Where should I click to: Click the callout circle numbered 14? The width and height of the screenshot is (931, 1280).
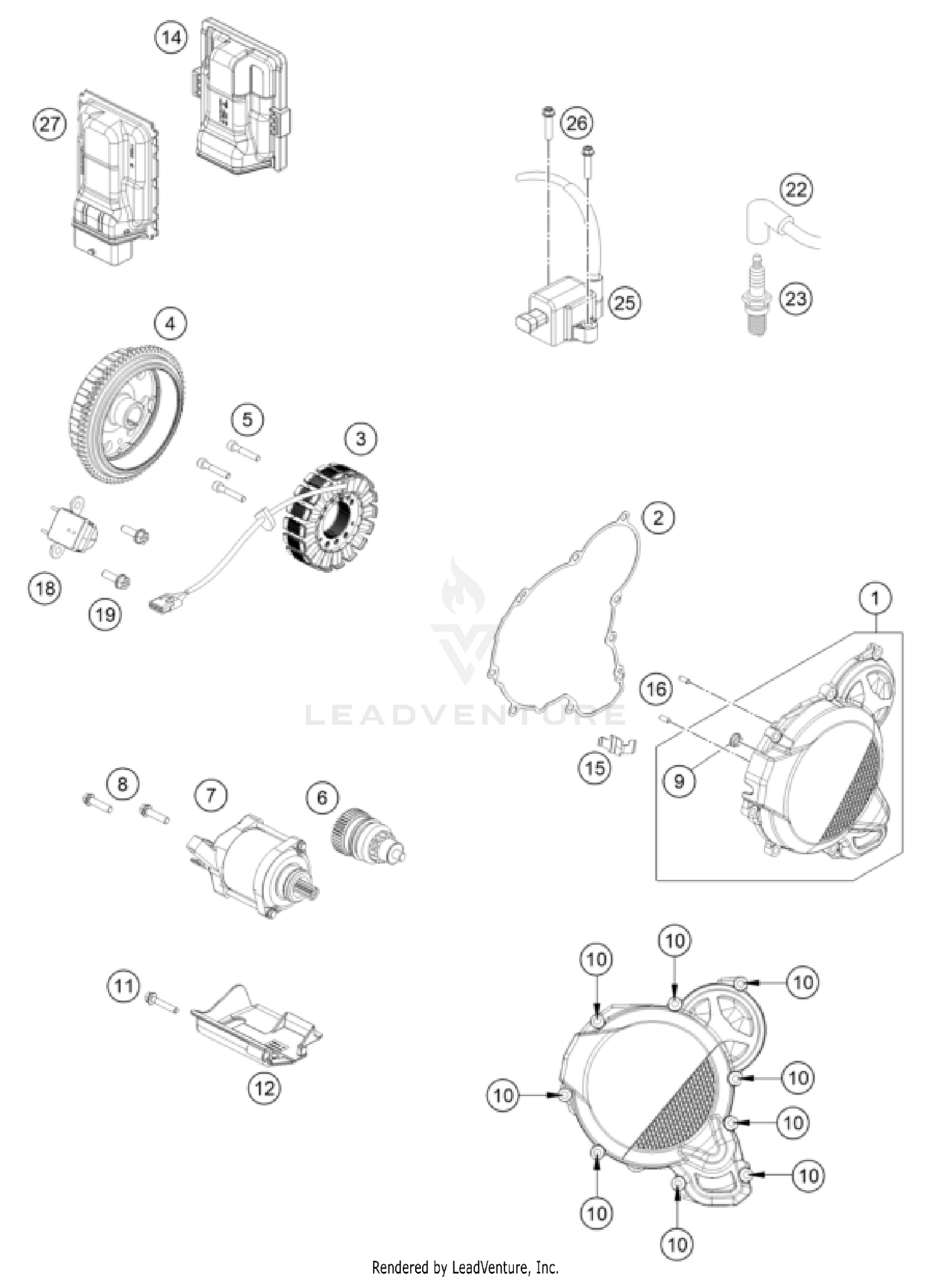click(x=171, y=38)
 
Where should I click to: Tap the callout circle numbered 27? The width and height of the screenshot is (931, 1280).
click(x=49, y=124)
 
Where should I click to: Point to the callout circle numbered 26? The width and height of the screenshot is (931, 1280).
click(x=577, y=123)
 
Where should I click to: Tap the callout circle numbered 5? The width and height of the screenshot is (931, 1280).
click(x=247, y=420)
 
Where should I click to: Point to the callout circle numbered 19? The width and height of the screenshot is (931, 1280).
click(x=105, y=614)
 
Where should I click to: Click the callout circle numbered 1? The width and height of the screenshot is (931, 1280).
click(x=875, y=598)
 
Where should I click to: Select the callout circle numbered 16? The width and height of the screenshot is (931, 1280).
click(x=656, y=689)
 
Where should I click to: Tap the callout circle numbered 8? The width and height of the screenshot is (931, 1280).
click(x=122, y=784)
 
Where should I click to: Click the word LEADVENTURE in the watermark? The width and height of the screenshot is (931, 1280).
click(x=465, y=715)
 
